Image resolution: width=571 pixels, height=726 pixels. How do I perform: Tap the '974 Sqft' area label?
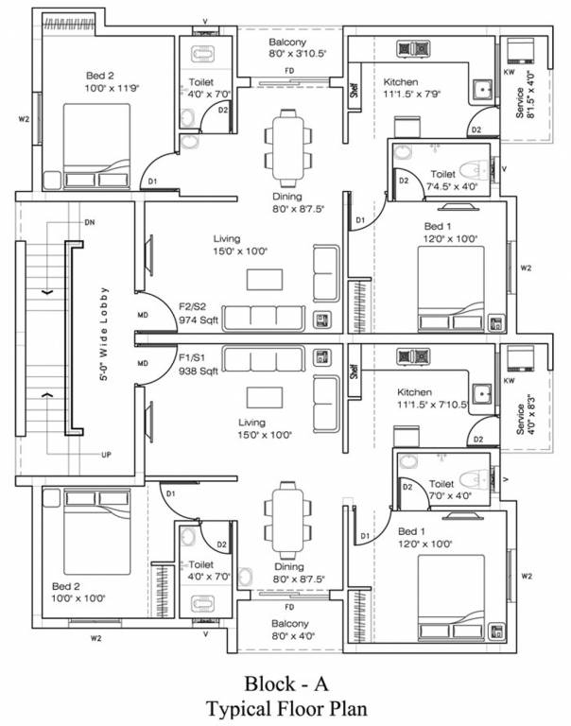[199, 320]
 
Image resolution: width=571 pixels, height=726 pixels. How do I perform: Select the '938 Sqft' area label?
[199, 372]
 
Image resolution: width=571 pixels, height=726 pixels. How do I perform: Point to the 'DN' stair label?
[90, 222]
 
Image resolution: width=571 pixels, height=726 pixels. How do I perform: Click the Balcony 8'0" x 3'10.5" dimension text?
[290, 54]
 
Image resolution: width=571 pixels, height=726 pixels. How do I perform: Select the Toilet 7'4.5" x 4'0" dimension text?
[442, 187]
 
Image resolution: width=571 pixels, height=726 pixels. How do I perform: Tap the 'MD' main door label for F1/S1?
[143, 363]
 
